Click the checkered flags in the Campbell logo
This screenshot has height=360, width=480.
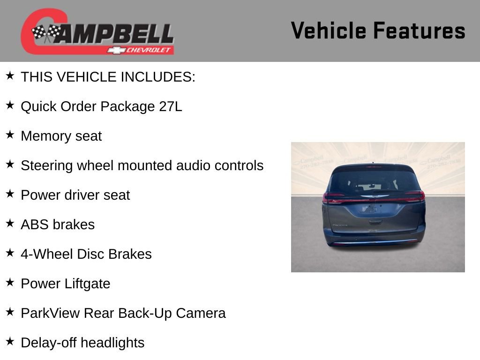click(46, 32)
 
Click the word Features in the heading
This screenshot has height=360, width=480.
click(419, 30)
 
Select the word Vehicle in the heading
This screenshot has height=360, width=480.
click(329, 30)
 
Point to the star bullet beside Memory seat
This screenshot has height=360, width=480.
click(10, 135)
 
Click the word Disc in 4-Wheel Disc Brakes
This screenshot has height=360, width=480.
click(91, 254)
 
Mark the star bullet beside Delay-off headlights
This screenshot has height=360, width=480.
click(10, 341)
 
